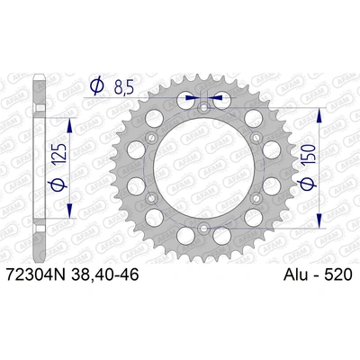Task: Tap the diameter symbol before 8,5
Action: pyautogui.click(x=96, y=88)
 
